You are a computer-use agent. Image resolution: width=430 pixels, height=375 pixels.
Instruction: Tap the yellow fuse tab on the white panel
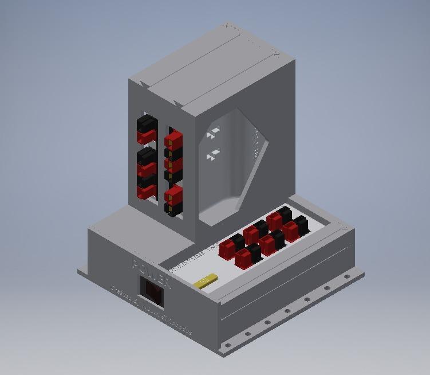[x=206, y=280]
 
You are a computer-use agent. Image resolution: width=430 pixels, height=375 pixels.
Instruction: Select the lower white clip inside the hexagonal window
[x=213, y=154]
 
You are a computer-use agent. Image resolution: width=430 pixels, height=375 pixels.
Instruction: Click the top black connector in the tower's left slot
[x=147, y=123]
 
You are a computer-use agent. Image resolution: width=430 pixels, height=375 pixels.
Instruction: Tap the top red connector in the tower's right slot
[x=174, y=140]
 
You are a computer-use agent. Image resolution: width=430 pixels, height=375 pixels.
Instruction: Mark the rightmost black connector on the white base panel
[x=301, y=224]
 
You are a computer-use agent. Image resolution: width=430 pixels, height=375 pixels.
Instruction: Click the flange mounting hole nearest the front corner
[x=228, y=346]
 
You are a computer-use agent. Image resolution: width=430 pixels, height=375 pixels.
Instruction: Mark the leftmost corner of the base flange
[x=79, y=271]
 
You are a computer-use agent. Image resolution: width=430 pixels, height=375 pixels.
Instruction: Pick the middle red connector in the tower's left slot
[x=147, y=169]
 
